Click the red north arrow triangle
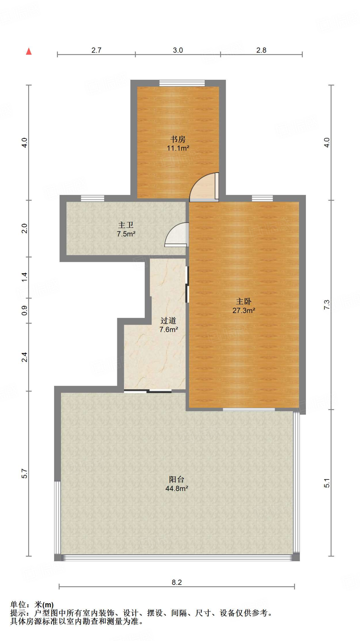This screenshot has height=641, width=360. [x=29, y=51]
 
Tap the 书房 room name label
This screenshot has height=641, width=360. [x=178, y=139]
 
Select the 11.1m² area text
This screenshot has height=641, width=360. [x=178, y=148]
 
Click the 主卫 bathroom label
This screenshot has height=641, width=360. [x=126, y=225]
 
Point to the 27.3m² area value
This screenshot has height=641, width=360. [x=244, y=310]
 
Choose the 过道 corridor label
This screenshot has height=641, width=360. [x=168, y=320]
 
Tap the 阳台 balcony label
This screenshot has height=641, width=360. [x=176, y=479]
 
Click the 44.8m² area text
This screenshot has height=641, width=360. [x=176, y=488]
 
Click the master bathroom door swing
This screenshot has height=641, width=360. [x=177, y=235]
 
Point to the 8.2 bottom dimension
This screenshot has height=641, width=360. [x=177, y=582]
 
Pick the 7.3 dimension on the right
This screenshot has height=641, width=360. [x=327, y=305]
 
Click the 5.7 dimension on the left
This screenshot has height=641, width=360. [x=24, y=473]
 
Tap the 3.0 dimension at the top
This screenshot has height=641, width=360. [x=178, y=50]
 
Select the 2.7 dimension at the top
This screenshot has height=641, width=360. [x=96, y=50]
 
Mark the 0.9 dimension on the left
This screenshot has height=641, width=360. [x=24, y=310]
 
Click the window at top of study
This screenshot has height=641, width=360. [x=182, y=83]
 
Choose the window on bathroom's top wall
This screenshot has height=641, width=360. [x=93, y=198]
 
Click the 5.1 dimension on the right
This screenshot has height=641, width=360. [x=327, y=483]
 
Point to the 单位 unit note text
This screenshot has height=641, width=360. [x=18, y=605]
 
